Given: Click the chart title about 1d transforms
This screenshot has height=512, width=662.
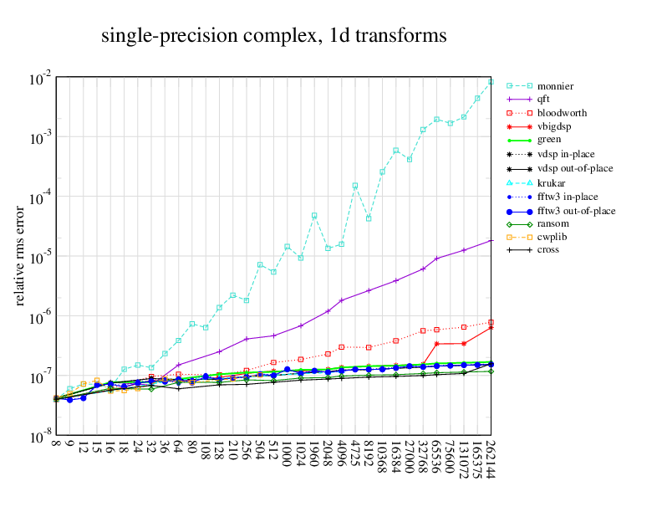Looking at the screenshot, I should click(274, 36).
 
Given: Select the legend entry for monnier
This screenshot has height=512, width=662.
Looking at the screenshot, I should click(555, 86).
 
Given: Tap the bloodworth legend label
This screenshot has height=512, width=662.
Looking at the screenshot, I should click(561, 112).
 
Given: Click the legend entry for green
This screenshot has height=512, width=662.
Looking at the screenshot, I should click(548, 140).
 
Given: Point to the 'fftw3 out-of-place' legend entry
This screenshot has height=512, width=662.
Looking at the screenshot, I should click(576, 211).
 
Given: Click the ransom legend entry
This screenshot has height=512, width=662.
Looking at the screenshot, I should click(553, 223).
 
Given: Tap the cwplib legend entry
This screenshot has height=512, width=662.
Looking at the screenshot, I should click(552, 237).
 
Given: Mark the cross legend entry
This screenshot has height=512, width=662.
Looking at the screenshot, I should click(548, 249).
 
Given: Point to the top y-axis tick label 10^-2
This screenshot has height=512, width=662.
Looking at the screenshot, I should click(42, 79).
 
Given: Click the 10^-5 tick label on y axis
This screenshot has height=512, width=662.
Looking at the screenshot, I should click(42, 257).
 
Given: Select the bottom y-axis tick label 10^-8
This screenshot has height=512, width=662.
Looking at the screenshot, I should click(42, 437).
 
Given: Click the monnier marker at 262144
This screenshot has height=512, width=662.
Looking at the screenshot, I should click(491, 82).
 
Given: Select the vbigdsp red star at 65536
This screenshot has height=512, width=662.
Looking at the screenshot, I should click(436, 344).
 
